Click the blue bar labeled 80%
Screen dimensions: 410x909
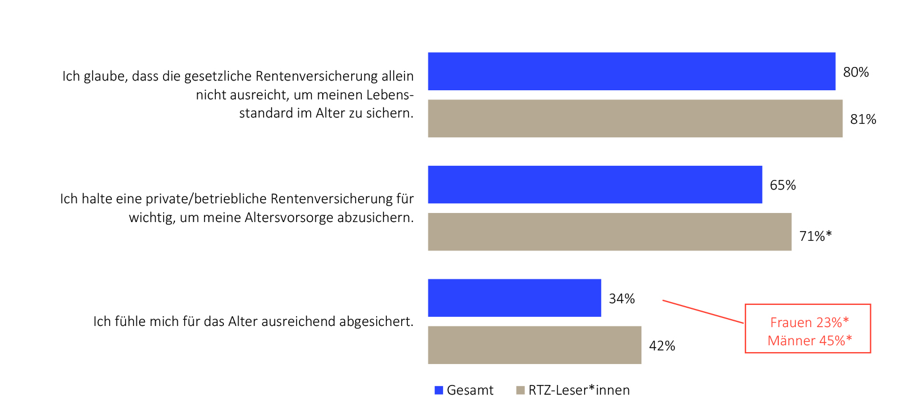(x=631, y=72)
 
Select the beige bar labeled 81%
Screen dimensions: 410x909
(x=635, y=119)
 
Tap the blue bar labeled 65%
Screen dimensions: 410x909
(x=595, y=185)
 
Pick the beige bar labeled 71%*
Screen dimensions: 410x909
(x=609, y=232)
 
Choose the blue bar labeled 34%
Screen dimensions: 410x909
(x=514, y=298)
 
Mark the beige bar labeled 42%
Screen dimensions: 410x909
(x=534, y=345)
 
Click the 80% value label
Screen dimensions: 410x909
(x=856, y=72)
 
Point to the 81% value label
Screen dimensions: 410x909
(x=863, y=119)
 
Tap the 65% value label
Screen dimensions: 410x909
(x=782, y=185)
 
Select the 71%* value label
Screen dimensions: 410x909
(x=815, y=236)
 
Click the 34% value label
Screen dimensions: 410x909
(x=622, y=299)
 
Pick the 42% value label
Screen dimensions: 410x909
(x=662, y=346)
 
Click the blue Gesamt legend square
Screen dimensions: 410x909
(x=439, y=390)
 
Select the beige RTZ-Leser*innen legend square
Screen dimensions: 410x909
(x=520, y=390)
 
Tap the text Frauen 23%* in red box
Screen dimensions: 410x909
(x=809, y=323)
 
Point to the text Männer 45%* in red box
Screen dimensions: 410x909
(x=809, y=341)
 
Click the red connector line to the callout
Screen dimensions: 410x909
(x=703, y=312)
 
